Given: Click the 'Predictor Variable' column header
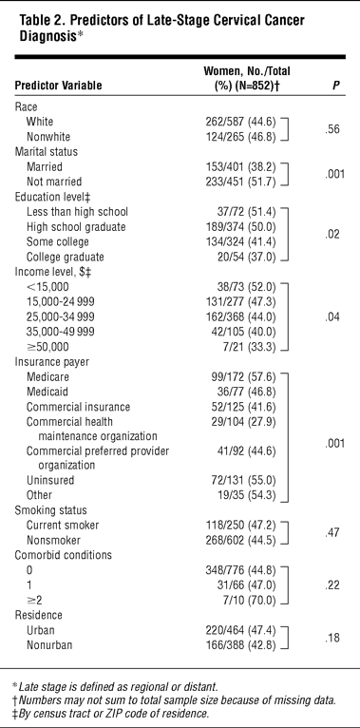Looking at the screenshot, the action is tap(59, 86).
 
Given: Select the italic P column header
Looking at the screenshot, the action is tap(336, 86).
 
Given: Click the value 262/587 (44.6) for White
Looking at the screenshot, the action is tap(240, 122).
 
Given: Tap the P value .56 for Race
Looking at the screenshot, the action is tap(332, 129).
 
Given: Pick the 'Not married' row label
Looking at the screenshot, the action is tap(54, 182).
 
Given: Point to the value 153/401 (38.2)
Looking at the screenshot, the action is tap(240, 166).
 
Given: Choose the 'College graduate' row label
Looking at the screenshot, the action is tap(65, 257).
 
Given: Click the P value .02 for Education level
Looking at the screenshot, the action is tap(332, 234).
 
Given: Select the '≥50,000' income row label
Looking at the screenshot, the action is tap(47, 347).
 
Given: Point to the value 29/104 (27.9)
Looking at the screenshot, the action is tap(243, 422).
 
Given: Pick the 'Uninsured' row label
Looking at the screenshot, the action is tap(50, 480).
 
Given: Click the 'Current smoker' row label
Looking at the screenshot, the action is tap(63, 526).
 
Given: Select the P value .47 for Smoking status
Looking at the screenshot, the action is tap(332, 532).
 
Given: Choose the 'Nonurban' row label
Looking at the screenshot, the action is tap(49, 645).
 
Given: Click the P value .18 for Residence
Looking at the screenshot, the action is tap(332, 638).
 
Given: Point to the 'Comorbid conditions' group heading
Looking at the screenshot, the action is tap(63, 555).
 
